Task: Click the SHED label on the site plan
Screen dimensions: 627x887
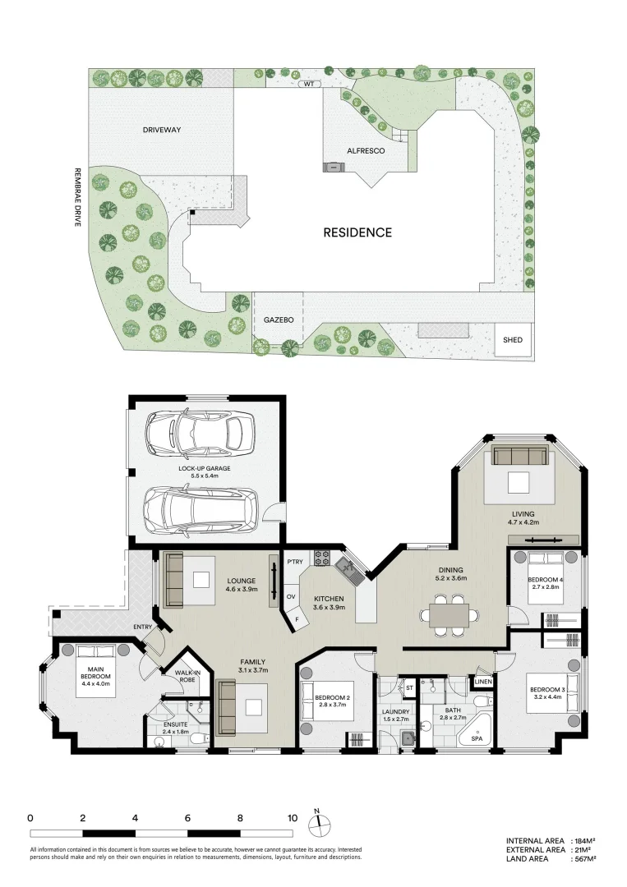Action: pyautogui.click(x=512, y=340)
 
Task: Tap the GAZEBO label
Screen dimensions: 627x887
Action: pyautogui.click(x=279, y=320)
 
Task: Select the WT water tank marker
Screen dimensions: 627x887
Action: pyautogui.click(x=309, y=84)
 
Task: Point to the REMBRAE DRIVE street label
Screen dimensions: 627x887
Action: pyautogui.click(x=77, y=197)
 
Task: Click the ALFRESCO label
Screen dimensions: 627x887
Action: pyautogui.click(x=366, y=151)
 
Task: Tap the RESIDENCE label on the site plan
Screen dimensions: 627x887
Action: pyautogui.click(x=357, y=232)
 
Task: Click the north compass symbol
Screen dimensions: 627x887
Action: pyautogui.click(x=319, y=824)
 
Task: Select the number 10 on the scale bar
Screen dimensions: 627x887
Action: pyautogui.click(x=292, y=818)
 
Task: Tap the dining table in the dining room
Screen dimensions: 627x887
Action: pyautogui.click(x=449, y=615)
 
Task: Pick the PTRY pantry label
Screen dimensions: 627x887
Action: pyautogui.click(x=295, y=562)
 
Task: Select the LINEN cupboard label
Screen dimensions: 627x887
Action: pyautogui.click(x=482, y=682)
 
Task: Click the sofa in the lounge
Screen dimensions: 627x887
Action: pyautogui.click(x=173, y=579)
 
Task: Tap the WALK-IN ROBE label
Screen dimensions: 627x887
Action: pyautogui.click(x=187, y=676)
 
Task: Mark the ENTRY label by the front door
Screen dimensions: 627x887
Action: pyautogui.click(x=143, y=627)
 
